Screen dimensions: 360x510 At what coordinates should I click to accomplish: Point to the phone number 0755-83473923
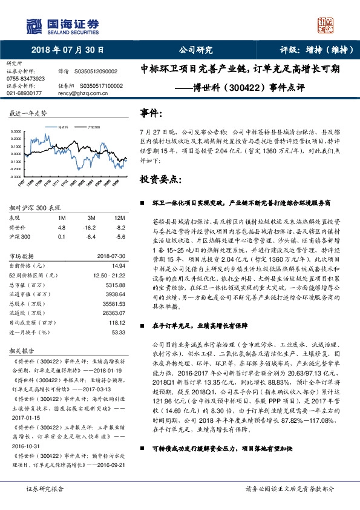[x=25, y=79]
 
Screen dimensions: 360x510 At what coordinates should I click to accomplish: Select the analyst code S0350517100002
[x=101, y=86]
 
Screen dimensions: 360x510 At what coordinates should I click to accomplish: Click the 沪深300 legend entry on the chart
[x=91, y=128]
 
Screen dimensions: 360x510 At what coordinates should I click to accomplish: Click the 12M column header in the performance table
[x=119, y=217]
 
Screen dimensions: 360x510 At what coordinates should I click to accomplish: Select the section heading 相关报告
[x=21, y=350]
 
